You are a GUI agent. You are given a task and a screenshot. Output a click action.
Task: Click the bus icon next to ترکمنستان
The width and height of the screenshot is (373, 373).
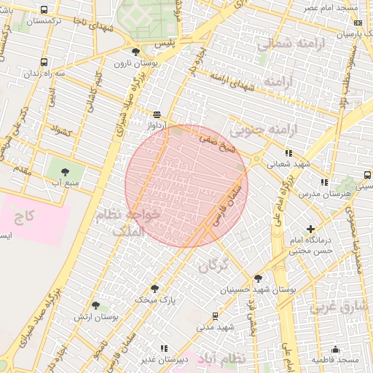pyautogui.click(x=44, y=10)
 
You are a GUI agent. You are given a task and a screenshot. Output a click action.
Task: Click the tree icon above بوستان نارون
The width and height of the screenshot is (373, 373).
pyautogui.click(x=136, y=51)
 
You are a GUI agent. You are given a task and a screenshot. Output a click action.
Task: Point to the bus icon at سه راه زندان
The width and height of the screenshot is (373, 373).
pyautogui.click(x=44, y=63)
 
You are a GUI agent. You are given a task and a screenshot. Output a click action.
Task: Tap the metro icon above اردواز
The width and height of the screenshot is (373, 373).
pyautogui.click(x=157, y=114)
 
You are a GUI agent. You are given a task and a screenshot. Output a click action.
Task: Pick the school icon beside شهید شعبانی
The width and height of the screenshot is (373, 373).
pyautogui.click(x=288, y=154)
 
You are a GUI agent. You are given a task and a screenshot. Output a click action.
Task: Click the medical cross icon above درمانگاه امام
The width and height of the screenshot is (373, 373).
pyautogui.click(x=311, y=229)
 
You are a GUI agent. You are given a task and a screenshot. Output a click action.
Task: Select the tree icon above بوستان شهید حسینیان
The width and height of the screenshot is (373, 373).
pyautogui.click(x=258, y=278)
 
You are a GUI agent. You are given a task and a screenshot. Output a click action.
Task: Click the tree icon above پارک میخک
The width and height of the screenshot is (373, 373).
pyautogui.click(x=154, y=288)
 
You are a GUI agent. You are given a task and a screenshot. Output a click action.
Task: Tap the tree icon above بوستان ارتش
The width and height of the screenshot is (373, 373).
pyautogui.click(x=95, y=305)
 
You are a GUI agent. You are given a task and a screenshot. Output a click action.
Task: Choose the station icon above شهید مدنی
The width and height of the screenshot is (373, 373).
pyautogui.click(x=214, y=315)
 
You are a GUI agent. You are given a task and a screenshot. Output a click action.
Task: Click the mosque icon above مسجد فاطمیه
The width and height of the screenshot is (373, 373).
pyautogui.click(x=335, y=349)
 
